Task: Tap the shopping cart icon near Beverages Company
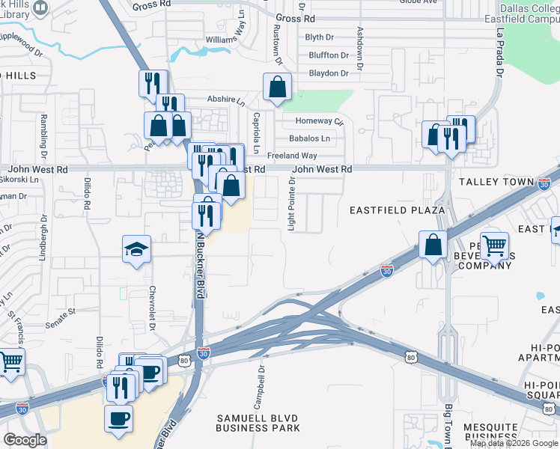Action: tap(494, 244)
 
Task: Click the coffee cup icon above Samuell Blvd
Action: tap(119, 418)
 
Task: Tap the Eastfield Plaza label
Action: tap(398, 210)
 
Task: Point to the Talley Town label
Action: tap(496, 182)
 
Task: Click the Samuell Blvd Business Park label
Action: tap(258, 422)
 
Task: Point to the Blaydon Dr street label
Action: tap(329, 73)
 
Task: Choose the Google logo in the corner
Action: tap(25, 440)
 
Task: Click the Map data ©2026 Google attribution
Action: tap(514, 443)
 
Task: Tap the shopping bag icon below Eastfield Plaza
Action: tap(433, 244)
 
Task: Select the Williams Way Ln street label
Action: tap(225, 37)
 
